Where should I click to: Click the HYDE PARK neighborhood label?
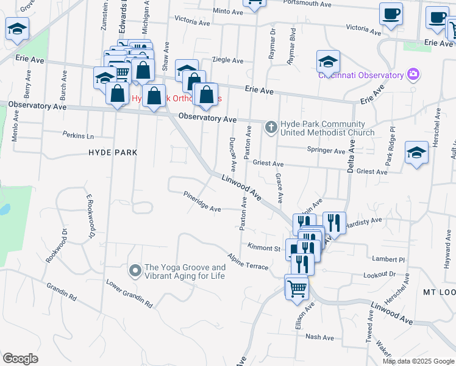112,152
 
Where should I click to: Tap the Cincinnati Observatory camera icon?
413,74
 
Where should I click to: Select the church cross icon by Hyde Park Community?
271,127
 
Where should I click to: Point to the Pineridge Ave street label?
202,202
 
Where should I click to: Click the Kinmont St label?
263,248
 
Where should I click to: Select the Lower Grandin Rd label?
128,292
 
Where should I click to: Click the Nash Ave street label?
319,337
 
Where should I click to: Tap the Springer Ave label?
326,150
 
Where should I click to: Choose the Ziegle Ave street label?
227,60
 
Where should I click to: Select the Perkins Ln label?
79,135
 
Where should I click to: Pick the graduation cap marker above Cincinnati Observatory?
328,60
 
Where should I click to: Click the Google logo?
20,359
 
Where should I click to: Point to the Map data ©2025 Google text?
418,361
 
